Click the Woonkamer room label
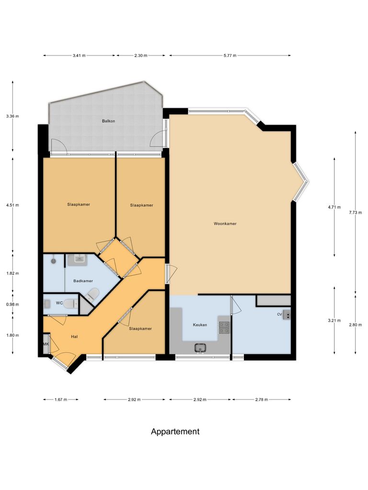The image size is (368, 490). point(225,223)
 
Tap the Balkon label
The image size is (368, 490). point(108,121)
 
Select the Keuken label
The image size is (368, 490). point(200,325)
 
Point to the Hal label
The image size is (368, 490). point(74,336)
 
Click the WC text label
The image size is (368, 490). point(59,303)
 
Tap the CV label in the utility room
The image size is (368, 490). point(279,314)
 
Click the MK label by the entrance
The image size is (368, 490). point(46,344)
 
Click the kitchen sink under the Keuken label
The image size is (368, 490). point(200,347)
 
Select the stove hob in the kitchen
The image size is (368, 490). point(224,327)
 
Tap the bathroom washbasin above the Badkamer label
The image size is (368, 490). point(78,260)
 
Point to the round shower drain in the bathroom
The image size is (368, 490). point(53,261)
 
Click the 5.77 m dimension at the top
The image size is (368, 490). point(230,56)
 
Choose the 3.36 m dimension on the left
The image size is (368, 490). point(12,116)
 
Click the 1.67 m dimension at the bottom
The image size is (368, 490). point(60,400)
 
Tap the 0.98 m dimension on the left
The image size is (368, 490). point(12,304)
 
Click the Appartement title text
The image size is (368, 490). point(175,431)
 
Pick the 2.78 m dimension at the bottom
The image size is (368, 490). point(261,400)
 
